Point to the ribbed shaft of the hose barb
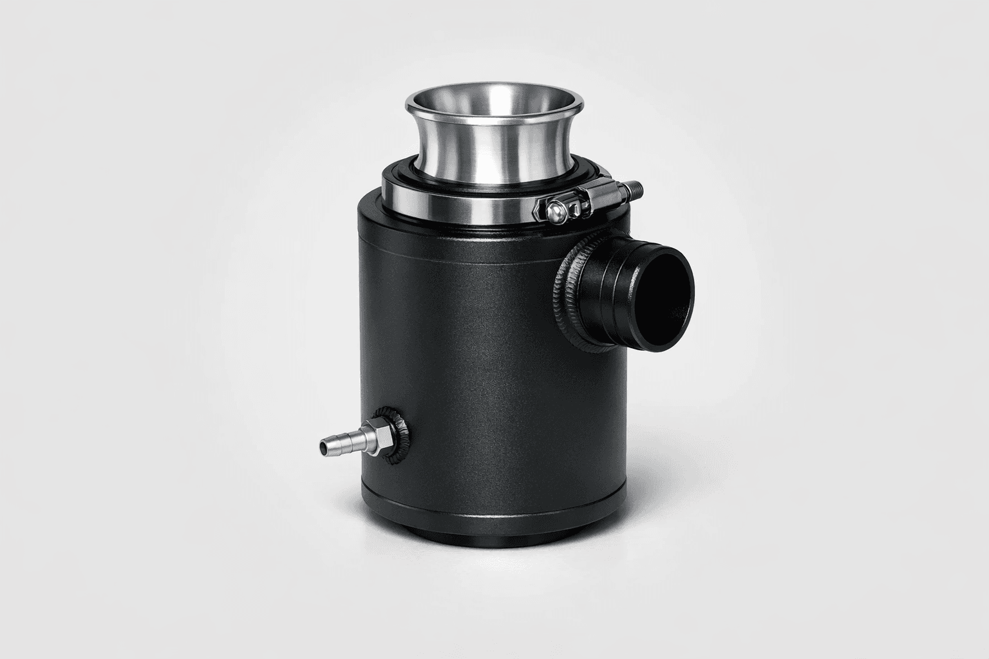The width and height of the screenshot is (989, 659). [341, 441]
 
